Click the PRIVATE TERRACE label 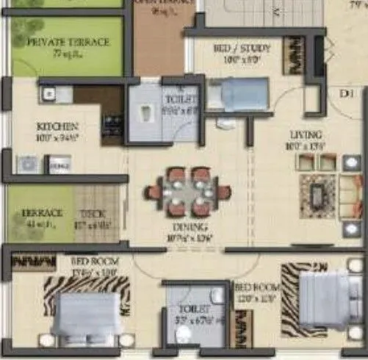[68, 43]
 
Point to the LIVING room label [306, 134]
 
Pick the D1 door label [347, 93]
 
